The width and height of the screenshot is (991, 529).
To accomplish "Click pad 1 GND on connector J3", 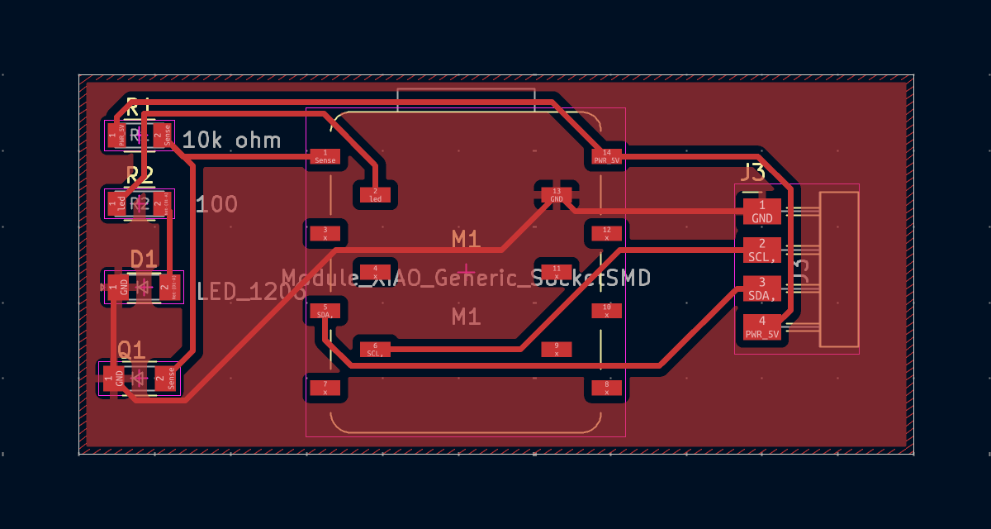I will point(761,211).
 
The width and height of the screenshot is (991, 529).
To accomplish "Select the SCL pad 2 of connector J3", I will point(761,249).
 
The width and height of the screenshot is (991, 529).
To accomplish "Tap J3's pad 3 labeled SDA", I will point(761,288).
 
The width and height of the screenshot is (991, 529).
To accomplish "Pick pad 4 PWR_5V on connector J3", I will point(761,327).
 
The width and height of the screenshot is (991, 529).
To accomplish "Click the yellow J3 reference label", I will point(752,173).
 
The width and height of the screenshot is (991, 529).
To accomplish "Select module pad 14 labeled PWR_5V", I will point(607,156).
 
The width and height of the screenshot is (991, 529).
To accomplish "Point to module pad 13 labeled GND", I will point(557,195).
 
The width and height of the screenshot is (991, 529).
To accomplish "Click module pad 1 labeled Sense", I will point(325,156).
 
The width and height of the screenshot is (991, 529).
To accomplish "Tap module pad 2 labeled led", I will point(375,195).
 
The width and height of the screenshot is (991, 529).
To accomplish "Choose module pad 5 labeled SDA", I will point(325,311).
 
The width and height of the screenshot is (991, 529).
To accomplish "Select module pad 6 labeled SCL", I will point(375,349).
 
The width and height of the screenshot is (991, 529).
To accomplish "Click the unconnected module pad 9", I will point(557,349).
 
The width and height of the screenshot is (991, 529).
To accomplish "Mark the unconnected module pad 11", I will point(557,271).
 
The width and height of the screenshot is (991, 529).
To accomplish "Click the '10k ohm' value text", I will point(231,140).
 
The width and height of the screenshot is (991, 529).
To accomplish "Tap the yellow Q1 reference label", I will point(131,350).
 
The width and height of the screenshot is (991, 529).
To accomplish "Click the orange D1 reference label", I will point(144,260).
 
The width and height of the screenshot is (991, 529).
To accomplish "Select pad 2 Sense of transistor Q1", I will point(171,379).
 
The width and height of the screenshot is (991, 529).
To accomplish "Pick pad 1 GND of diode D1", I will point(122,287).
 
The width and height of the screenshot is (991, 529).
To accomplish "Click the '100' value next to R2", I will point(217,204).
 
